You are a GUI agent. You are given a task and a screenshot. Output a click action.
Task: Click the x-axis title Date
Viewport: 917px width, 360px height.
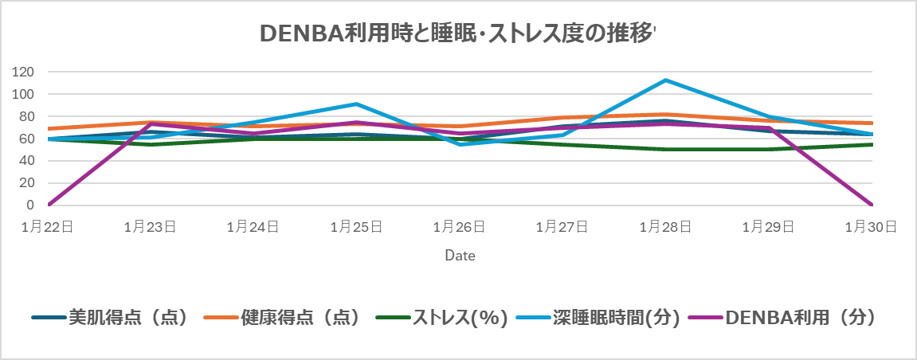tap(460, 256)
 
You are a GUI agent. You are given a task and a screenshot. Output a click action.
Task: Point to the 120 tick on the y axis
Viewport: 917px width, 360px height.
tap(23, 72)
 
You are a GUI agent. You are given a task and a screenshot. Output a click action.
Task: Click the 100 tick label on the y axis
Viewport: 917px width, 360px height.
tap(23, 94)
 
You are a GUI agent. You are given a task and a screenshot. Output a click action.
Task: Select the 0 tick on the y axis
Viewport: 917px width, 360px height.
tap(29, 205)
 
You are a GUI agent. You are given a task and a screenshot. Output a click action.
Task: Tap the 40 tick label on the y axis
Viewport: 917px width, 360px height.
tap(26, 160)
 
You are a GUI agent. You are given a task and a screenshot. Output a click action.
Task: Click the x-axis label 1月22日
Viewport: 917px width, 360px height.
tap(49, 227)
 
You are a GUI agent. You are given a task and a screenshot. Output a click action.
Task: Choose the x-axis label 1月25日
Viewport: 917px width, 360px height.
tap(357, 227)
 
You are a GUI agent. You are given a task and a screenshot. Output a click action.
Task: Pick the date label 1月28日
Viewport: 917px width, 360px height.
tap(665, 227)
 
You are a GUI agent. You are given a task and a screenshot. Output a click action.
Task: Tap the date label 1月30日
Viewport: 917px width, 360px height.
tap(871, 227)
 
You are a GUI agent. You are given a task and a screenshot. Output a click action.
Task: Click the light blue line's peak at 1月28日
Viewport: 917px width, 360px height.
tap(665, 80)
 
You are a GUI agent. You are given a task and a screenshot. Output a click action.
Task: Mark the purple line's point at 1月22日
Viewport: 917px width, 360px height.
tap(49, 205)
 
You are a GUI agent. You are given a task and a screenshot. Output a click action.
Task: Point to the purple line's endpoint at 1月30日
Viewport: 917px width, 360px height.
tap(872, 205)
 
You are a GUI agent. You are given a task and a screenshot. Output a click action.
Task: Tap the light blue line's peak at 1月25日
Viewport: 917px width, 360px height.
tap(357, 104)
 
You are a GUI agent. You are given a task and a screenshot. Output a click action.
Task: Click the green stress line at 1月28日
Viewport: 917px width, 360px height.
tap(665, 149)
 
